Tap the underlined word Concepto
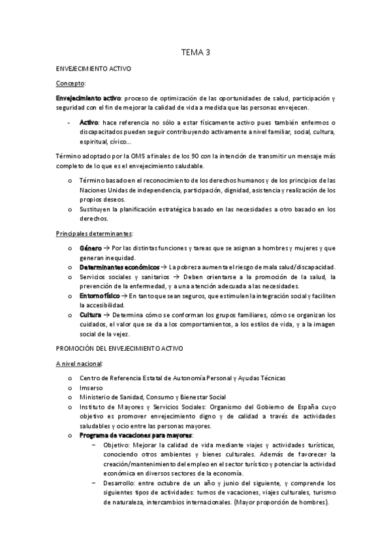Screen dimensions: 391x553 point(70,83)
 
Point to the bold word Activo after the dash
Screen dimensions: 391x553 point(89,123)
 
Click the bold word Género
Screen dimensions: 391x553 point(91,248)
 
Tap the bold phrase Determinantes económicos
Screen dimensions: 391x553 point(119,267)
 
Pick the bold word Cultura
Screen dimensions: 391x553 point(91,314)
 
